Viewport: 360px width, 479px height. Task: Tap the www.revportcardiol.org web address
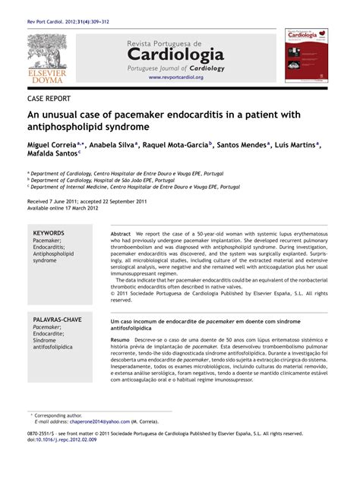pos(175,77)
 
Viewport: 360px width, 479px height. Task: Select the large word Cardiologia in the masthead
pos(175,55)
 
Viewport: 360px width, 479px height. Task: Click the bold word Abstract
pos(121,234)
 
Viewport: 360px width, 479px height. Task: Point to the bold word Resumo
pos(120,339)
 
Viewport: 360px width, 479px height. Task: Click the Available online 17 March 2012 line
pos(63,206)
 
